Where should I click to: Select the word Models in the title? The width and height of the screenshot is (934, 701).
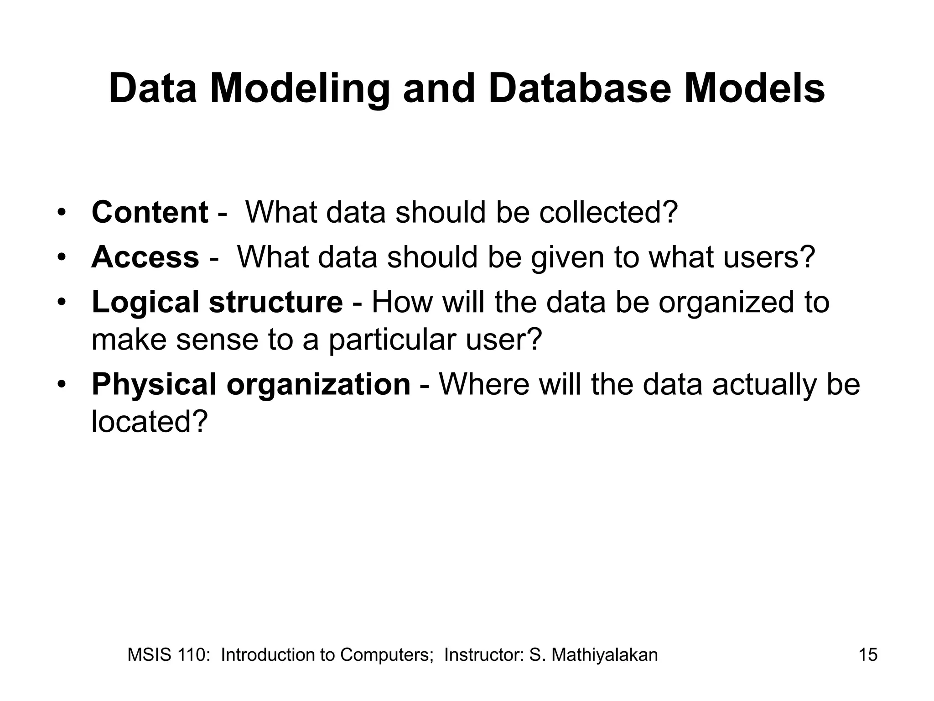coord(754,89)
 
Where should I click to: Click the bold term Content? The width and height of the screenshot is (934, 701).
coord(150,212)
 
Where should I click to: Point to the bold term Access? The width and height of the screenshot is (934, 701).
coord(145,257)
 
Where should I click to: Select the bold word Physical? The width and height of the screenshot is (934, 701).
coord(154,384)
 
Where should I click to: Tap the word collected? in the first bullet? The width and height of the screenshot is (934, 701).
coord(608,212)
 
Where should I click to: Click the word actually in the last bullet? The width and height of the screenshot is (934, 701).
coord(764,384)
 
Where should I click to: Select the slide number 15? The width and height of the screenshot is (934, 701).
coord(868,655)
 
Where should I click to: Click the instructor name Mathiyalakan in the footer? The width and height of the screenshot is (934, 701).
coord(605,655)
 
